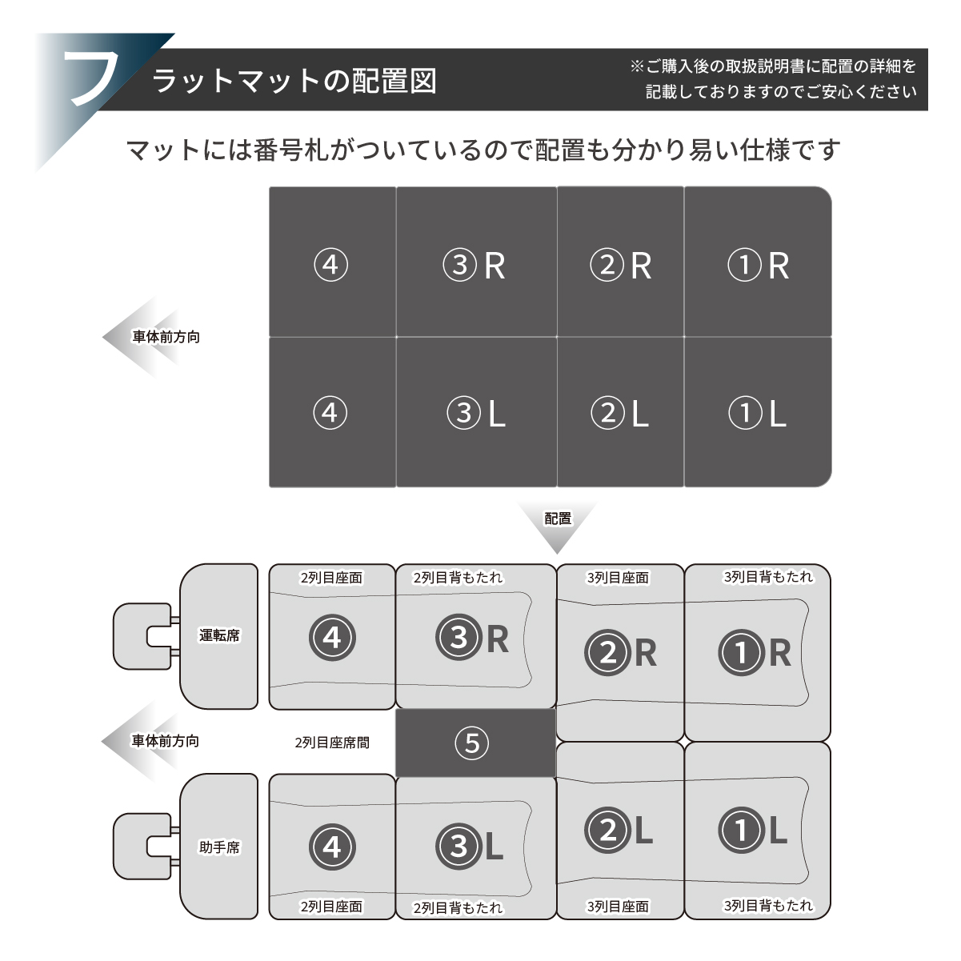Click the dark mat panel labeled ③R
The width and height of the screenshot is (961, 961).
(476, 262)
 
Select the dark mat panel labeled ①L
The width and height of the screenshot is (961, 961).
(758, 412)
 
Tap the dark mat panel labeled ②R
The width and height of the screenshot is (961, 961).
(620, 262)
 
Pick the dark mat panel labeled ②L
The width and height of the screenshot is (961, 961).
(620, 412)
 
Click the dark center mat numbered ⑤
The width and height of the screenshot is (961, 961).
(476, 743)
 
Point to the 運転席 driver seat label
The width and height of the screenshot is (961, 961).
(219, 635)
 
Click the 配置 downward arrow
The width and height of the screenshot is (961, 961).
(557, 527)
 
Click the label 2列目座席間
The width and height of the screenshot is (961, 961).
(332, 743)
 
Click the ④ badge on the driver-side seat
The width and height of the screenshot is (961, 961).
(332, 638)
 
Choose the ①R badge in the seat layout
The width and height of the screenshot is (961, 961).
(755, 652)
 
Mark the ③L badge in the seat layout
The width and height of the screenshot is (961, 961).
(469, 847)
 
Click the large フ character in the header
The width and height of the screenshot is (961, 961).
(92, 76)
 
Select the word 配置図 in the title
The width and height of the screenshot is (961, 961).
(394, 81)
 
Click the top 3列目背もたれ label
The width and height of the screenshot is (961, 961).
(768, 577)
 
